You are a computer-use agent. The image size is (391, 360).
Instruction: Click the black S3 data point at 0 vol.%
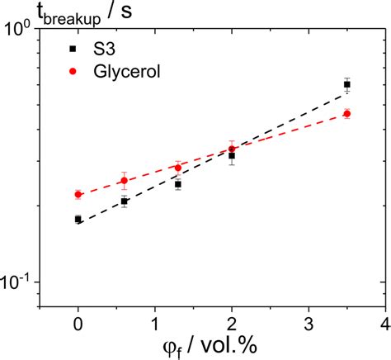coord(78,219)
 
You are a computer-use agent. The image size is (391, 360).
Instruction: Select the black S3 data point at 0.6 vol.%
coord(125,201)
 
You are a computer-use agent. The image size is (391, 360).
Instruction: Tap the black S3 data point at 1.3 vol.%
coord(178,184)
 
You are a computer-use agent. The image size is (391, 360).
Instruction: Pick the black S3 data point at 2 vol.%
coord(232,155)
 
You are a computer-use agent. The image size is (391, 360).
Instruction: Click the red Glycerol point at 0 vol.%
coord(78,194)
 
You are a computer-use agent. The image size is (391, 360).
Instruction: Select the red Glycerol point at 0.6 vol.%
coord(125,180)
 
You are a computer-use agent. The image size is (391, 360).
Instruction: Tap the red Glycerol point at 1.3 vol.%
coord(178,168)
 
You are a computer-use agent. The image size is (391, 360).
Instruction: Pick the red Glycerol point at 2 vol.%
coord(232,149)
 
